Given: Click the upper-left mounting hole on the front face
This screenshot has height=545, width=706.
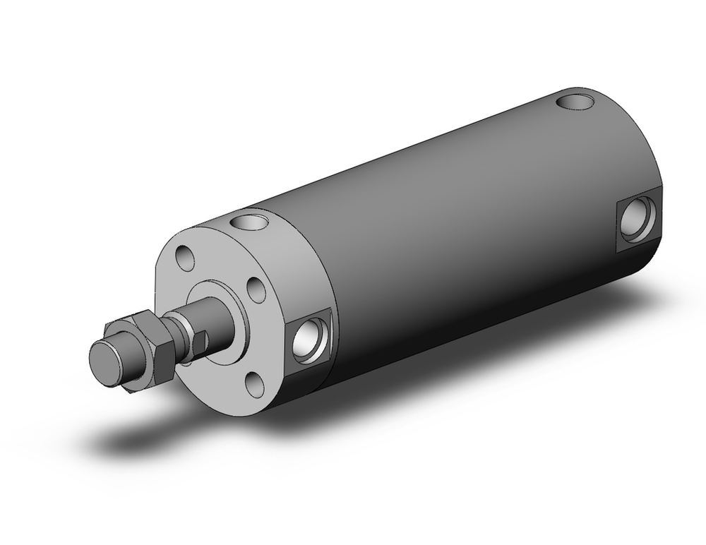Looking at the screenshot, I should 186,258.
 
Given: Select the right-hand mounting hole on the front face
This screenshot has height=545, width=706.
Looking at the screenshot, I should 253,289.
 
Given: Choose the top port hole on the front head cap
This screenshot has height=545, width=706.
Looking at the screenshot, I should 251,224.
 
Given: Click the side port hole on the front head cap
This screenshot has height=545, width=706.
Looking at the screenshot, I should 310,337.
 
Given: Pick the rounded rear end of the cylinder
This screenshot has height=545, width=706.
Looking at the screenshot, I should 653,162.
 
